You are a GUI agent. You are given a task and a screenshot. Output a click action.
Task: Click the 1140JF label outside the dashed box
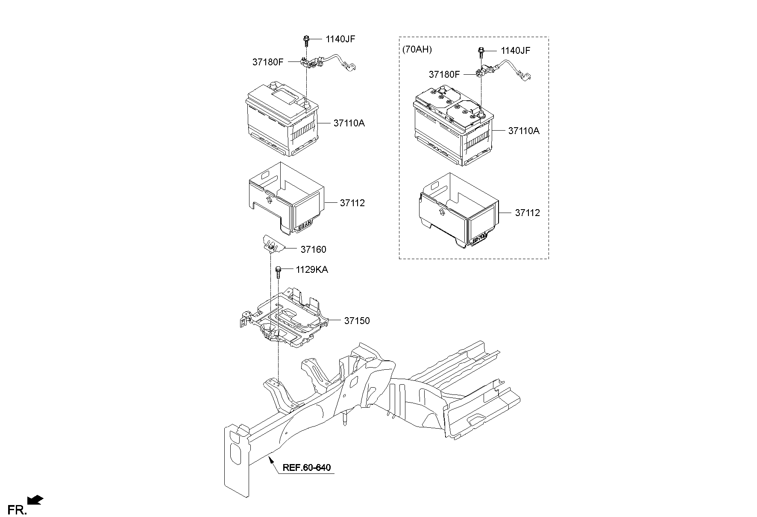click(x=340, y=39)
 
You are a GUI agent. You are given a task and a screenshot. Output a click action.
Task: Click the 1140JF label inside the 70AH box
click(x=515, y=51)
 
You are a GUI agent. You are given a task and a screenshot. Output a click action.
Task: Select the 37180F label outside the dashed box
click(x=268, y=62)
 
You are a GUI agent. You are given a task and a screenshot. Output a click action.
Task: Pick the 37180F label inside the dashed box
click(x=444, y=75)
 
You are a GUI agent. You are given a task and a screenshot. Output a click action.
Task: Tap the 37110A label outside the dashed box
click(x=349, y=123)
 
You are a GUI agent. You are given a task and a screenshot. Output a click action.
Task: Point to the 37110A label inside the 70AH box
click(x=524, y=131)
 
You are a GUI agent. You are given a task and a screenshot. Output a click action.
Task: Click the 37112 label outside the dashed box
click(x=352, y=203)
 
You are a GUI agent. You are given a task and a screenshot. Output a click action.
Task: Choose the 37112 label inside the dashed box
click(x=527, y=213)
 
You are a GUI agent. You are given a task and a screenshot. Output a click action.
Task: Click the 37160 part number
click(x=313, y=249)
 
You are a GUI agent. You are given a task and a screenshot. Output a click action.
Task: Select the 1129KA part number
click(x=312, y=270)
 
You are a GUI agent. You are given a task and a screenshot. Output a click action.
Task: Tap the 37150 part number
click(x=357, y=321)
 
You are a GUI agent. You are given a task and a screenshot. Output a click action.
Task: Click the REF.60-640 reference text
click(x=306, y=467)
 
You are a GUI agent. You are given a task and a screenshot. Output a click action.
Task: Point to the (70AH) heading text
click(x=417, y=50)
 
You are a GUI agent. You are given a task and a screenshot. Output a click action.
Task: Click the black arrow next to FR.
click(x=35, y=500)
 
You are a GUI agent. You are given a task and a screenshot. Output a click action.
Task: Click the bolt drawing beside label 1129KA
click(x=279, y=271)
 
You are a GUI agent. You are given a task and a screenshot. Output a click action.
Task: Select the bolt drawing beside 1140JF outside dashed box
click(x=306, y=41)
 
